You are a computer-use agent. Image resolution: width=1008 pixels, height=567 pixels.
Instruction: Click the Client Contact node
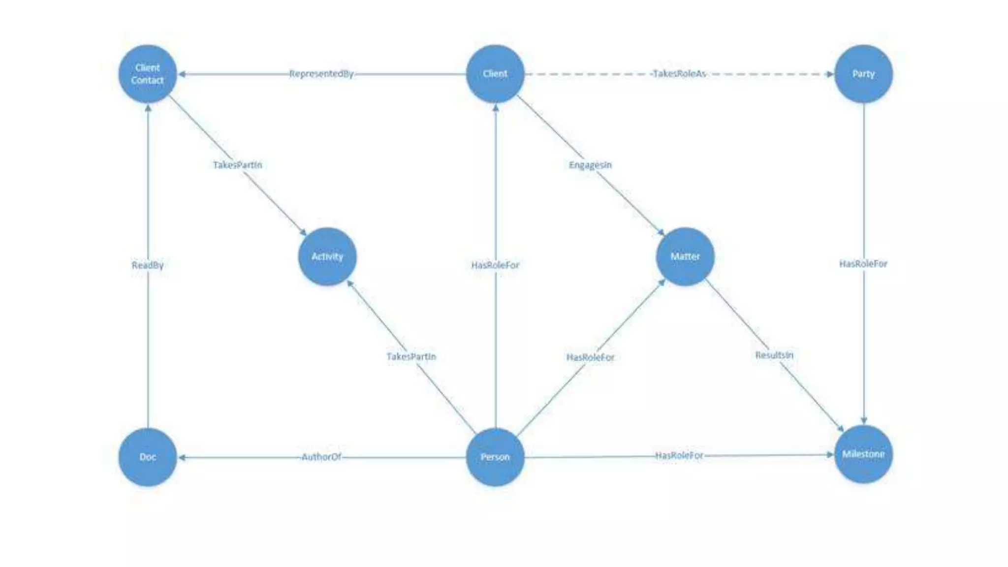[x=148, y=74]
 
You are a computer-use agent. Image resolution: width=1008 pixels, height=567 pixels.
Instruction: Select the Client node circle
[x=495, y=74]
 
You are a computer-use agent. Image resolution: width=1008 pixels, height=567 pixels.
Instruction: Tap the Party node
[x=863, y=74]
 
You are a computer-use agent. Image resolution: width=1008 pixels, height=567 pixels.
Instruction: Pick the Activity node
[x=327, y=256]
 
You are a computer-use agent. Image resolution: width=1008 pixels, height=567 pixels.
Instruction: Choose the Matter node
[x=685, y=256]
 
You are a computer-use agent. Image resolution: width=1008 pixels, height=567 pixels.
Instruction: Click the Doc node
[x=148, y=457]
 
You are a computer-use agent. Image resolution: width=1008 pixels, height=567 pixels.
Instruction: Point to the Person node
[x=495, y=457]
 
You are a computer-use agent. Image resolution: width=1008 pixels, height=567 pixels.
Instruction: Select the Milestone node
[x=863, y=454]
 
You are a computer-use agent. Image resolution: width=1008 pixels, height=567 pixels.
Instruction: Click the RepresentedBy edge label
[x=321, y=74]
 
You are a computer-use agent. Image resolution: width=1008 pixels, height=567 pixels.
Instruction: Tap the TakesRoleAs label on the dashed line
[x=679, y=74]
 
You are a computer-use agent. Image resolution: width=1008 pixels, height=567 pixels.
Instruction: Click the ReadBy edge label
[x=148, y=265]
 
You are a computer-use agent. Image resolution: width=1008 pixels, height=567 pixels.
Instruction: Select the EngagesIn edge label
[x=590, y=165]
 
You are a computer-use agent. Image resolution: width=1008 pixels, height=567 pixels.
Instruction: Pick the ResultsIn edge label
[x=774, y=355]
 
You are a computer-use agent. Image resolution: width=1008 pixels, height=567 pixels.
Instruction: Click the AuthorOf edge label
[x=321, y=457]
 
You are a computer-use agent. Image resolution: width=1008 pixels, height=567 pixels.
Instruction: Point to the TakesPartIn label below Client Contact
[x=237, y=165]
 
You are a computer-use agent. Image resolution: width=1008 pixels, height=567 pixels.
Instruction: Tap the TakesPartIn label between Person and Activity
[x=411, y=356]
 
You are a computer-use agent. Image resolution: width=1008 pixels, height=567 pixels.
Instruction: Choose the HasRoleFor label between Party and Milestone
[x=863, y=264]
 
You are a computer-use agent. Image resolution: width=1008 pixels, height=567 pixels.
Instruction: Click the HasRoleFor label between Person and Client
[x=495, y=265]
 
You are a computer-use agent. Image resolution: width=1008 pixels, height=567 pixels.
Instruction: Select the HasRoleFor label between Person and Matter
[x=590, y=357]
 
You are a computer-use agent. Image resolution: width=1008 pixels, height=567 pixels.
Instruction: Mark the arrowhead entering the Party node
[x=830, y=74]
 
